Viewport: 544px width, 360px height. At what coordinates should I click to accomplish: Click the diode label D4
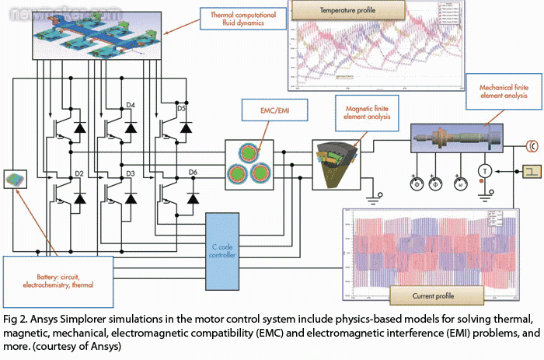coord(130,103)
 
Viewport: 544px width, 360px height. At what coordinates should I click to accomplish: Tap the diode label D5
coord(181,108)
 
